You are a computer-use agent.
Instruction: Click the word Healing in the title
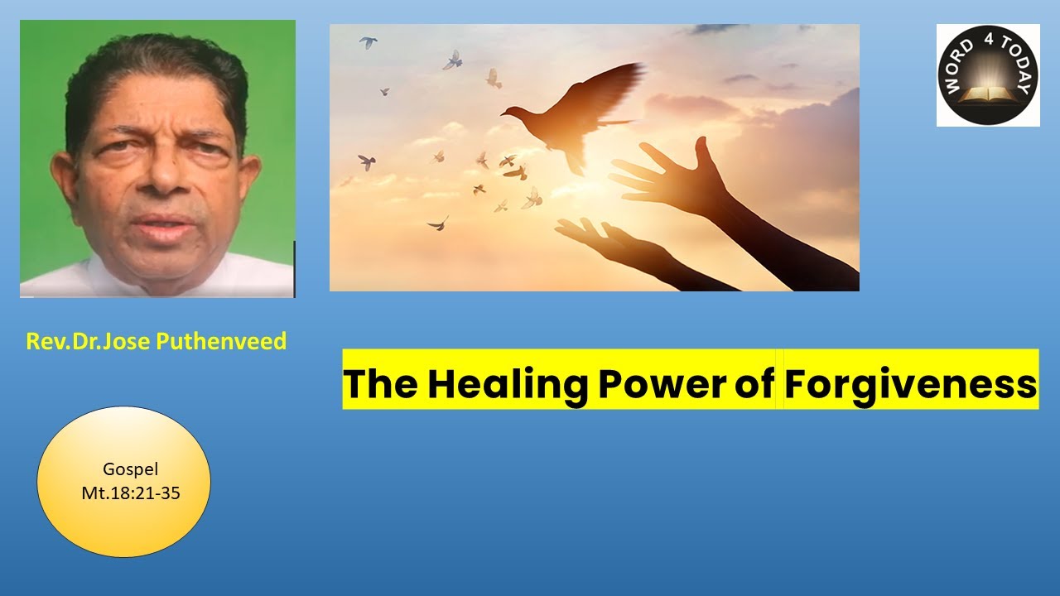tap(508, 385)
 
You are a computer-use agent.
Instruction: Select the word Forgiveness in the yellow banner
tap(911, 385)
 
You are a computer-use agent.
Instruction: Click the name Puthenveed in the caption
tap(221, 341)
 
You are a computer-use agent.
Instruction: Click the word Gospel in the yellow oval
tap(130, 469)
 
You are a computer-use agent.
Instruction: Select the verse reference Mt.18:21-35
tap(131, 493)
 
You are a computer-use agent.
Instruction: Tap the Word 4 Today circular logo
tap(988, 75)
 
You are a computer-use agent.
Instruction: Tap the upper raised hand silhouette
tap(672, 175)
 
